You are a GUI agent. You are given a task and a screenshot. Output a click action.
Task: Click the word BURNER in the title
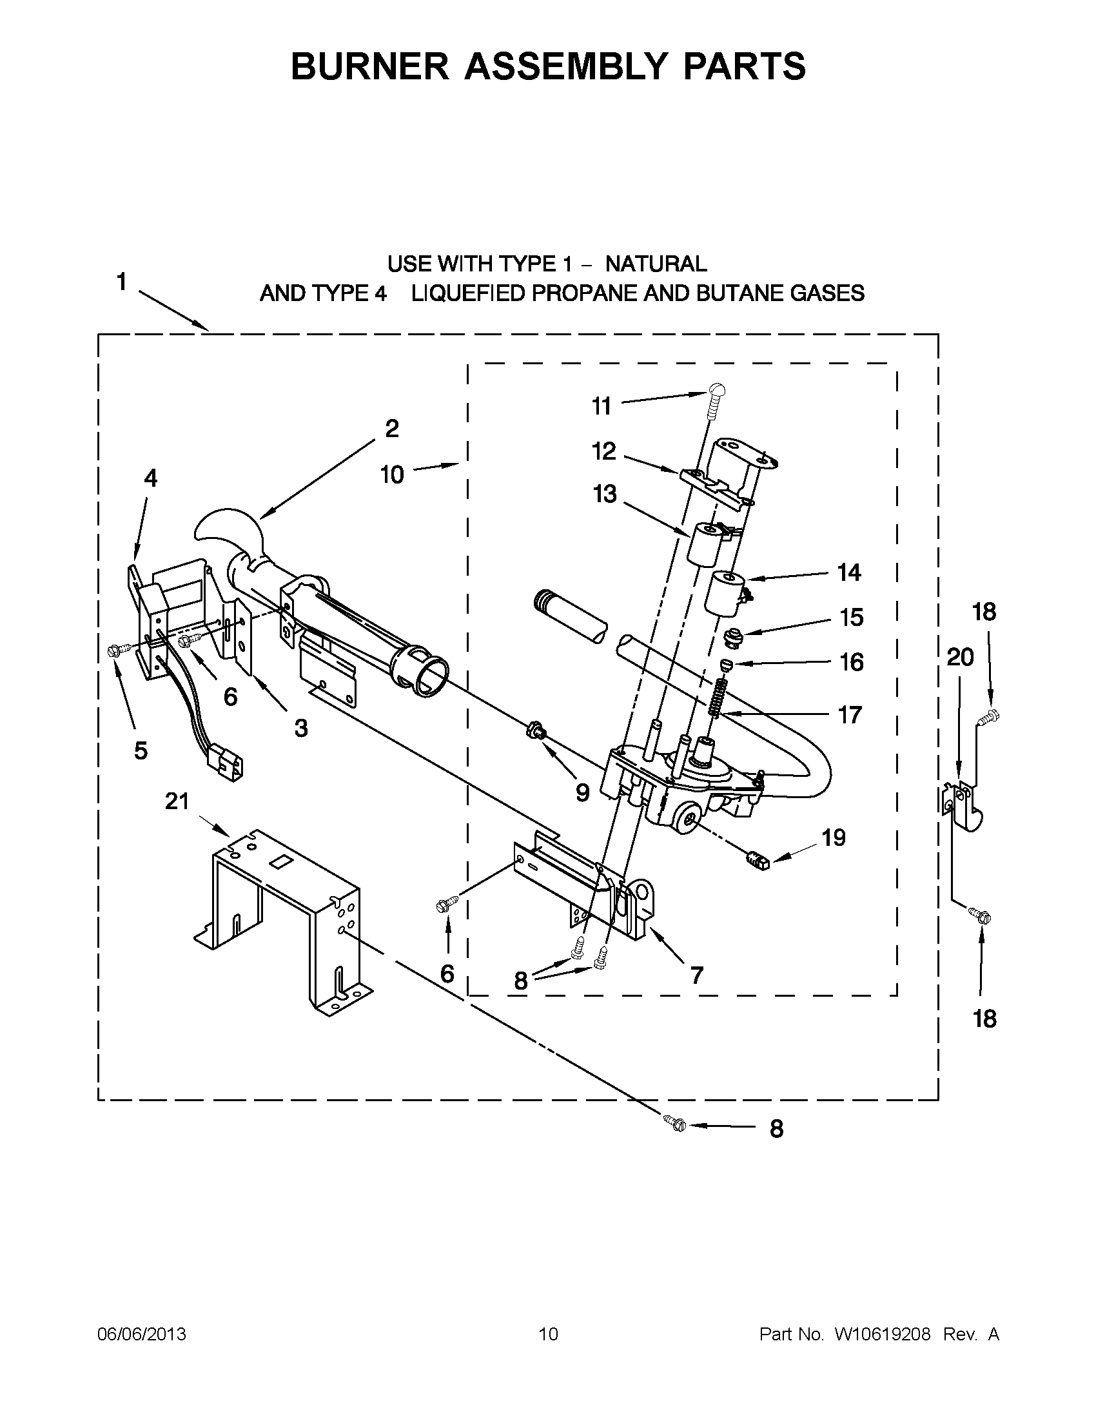pos(369,66)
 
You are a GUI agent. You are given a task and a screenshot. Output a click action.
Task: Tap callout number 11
pos(601,406)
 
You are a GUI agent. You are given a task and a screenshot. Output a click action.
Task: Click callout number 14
pos(849,572)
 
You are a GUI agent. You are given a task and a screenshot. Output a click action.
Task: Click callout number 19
pos(834,837)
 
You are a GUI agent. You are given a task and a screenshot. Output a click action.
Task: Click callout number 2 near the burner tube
pos(392,429)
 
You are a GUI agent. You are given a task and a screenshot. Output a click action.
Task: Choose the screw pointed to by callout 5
pos(119,648)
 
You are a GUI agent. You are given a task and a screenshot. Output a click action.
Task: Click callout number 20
pos(960,658)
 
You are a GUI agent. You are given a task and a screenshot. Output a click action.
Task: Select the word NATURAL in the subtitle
pos(656,264)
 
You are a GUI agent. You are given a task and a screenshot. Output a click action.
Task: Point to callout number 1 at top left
pos(121,282)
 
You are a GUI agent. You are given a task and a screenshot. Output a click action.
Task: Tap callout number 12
pos(603,451)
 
